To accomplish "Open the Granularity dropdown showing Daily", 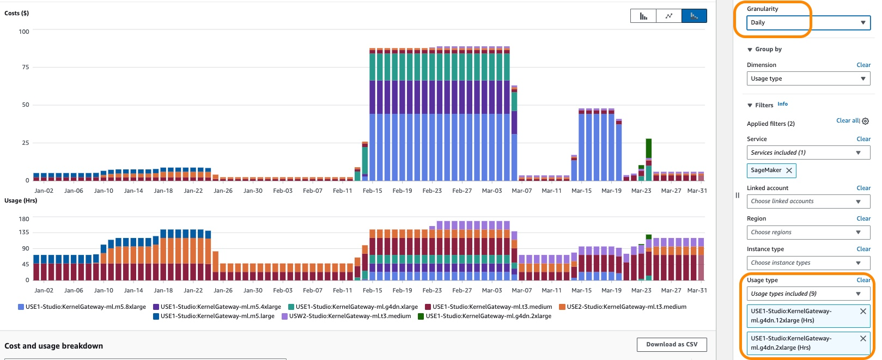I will [808, 22].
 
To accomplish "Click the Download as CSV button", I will [671, 344].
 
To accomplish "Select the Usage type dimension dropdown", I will [808, 78].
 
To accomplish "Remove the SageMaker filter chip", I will [789, 170].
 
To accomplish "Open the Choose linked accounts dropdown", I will [808, 202].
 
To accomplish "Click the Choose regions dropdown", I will [808, 233].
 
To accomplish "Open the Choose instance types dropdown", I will [808, 263].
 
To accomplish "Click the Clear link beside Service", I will [863, 139].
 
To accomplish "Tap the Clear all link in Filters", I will [848, 120].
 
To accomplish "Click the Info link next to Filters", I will [782, 104].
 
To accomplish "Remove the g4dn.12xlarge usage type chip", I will [863, 312].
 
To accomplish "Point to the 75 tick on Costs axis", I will [25, 67].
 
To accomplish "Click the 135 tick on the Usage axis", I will [24, 232].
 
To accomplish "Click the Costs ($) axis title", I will [17, 13].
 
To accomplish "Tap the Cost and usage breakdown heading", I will [53, 346].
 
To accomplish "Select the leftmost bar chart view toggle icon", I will [643, 16].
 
